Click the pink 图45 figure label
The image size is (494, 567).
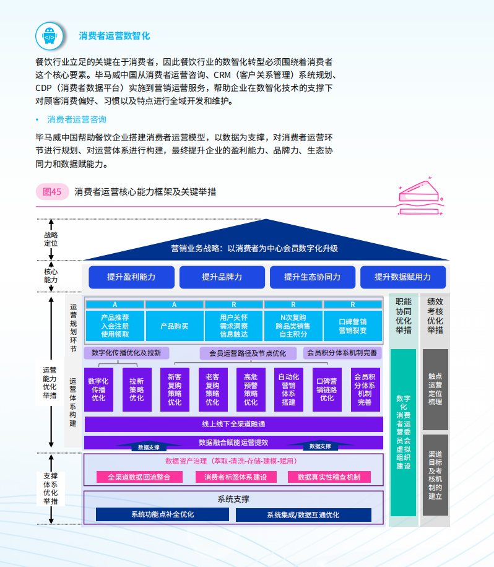(52, 192)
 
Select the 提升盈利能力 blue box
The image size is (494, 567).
(131, 277)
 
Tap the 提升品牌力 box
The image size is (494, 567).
(222, 277)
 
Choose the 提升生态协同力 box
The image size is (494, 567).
(313, 277)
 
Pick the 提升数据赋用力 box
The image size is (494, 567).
(402, 277)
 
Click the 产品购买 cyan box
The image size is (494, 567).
(174, 326)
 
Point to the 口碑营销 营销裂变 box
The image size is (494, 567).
(353, 326)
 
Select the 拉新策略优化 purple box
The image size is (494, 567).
(136, 389)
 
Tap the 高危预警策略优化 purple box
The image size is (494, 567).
(251, 389)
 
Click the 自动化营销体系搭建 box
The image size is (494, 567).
(288, 389)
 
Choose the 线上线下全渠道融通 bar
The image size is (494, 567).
(233, 424)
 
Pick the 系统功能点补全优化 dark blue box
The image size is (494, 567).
(162, 514)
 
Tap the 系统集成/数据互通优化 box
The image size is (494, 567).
(303, 514)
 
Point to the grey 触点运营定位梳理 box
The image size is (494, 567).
(435, 389)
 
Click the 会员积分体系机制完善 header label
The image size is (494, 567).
(342, 353)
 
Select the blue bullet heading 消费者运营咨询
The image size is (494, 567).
(77, 119)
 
